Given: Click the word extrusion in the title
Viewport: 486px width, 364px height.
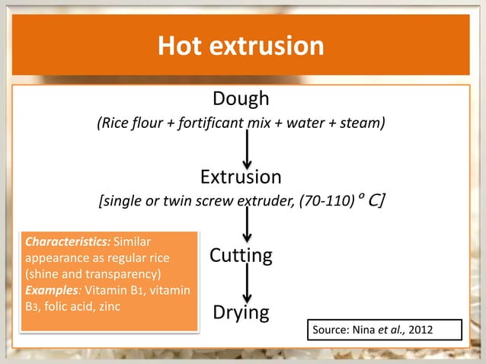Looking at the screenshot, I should point(267,47).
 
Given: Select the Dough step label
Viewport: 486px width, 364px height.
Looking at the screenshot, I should point(241,98).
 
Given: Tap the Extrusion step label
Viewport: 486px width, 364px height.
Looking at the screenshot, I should point(241,177).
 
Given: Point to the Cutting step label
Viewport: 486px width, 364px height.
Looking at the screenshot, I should point(241,255).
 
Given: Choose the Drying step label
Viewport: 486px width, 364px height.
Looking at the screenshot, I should point(241,312).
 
